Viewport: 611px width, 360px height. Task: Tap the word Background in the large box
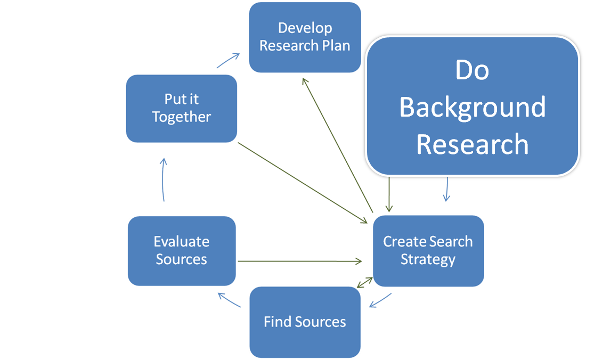click(x=472, y=107)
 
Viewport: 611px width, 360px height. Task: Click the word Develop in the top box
click(x=305, y=28)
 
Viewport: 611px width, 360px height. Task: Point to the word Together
click(x=181, y=117)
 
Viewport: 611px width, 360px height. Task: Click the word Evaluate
click(x=181, y=241)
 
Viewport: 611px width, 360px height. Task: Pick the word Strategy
click(x=428, y=259)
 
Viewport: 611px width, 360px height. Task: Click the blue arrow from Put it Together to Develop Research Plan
click(x=228, y=60)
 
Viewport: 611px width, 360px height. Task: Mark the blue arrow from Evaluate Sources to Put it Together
click(x=164, y=180)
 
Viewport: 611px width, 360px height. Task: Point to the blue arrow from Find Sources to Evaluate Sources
click(x=230, y=300)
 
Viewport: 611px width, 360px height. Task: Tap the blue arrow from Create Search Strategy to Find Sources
click(x=380, y=300)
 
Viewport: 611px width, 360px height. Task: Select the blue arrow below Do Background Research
click(x=446, y=189)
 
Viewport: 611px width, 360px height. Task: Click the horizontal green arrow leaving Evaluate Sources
click(x=298, y=261)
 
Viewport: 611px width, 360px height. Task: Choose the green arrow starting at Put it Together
click(x=304, y=182)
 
